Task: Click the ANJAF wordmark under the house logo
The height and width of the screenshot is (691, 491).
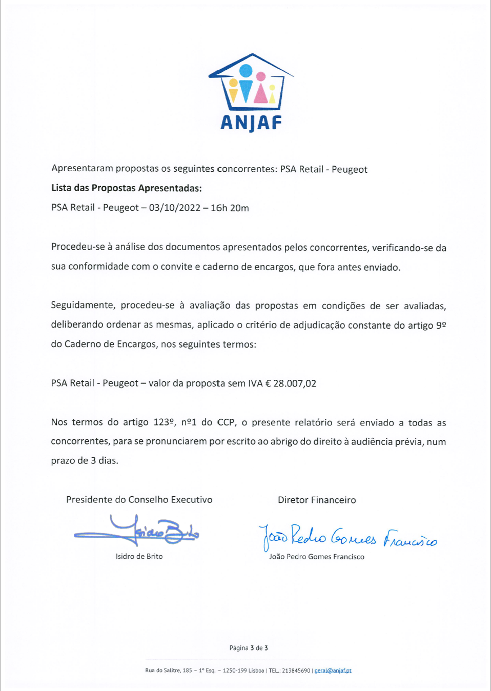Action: [251, 123]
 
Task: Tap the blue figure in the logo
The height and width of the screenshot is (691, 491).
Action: [246, 85]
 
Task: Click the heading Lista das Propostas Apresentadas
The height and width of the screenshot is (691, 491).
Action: [126, 188]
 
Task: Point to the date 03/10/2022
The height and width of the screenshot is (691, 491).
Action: [174, 208]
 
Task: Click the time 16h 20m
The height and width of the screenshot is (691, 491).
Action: [230, 208]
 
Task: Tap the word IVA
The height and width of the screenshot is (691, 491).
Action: [255, 383]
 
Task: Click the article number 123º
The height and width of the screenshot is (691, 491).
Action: [165, 422]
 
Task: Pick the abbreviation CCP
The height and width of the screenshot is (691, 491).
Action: [226, 422]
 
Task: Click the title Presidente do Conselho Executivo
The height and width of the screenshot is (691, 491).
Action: [139, 500]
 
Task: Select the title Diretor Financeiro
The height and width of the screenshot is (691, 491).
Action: [317, 500]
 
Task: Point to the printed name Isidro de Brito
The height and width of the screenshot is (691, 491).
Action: [139, 556]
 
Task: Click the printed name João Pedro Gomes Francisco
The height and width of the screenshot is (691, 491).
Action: [317, 557]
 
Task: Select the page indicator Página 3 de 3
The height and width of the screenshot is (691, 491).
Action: [249, 648]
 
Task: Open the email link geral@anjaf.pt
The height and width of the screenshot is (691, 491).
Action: [333, 670]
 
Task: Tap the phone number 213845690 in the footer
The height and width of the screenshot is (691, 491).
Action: [296, 670]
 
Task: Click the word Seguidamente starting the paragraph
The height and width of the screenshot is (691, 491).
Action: [83, 306]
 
